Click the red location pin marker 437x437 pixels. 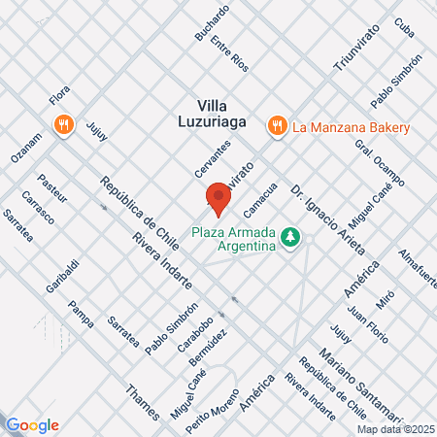218,199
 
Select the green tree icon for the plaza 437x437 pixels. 288,237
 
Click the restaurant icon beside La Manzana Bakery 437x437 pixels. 277,125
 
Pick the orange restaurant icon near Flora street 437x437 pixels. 63,124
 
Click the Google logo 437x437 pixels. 32,424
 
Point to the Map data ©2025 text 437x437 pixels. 395,429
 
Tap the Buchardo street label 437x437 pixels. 212,22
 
